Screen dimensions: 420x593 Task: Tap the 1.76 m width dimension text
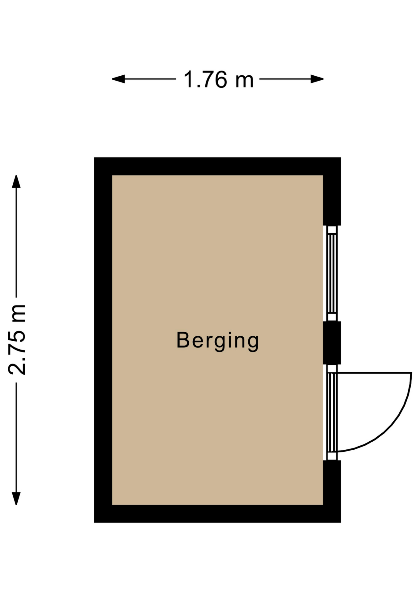[x=218, y=80]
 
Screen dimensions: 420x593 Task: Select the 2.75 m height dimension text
[x=17, y=340]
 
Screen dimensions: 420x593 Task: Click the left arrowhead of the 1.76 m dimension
[x=118, y=79]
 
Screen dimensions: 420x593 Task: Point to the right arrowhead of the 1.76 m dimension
[x=317, y=79]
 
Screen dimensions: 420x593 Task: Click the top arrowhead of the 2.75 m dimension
[x=16, y=182]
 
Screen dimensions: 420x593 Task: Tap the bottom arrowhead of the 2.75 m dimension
[x=16, y=498]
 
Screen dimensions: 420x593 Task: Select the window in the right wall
[x=332, y=273]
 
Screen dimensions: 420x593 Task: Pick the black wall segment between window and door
[x=332, y=343]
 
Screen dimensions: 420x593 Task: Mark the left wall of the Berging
[x=103, y=340]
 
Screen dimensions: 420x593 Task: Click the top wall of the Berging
[x=217, y=166]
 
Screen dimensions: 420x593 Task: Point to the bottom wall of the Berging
[x=217, y=514]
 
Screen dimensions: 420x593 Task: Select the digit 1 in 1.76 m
[x=189, y=80]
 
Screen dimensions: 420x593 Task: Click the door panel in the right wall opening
[x=332, y=412]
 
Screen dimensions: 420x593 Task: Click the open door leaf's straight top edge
[x=374, y=373]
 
